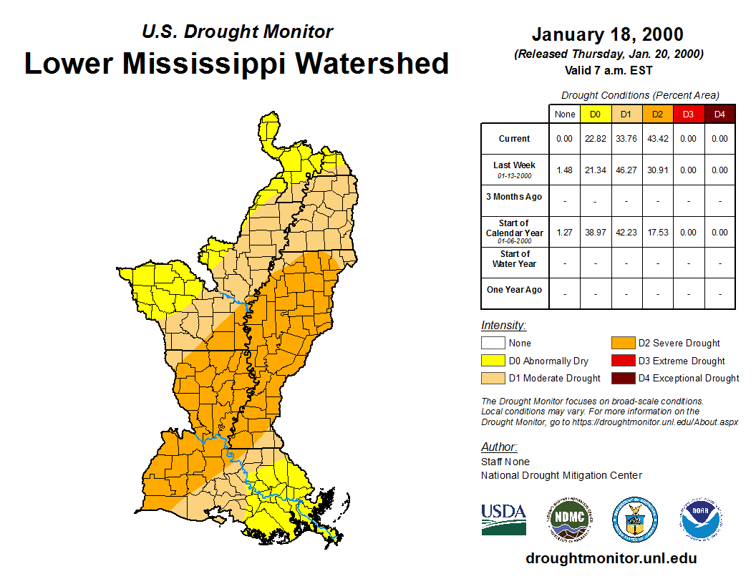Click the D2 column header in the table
657,114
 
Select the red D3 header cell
688,114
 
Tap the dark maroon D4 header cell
719,114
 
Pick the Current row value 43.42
657,139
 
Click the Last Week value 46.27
626,170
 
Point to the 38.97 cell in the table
595,233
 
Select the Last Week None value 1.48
564,170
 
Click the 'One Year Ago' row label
514,290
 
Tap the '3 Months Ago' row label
514,197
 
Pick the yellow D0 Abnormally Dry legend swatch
493,361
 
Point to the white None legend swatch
493,344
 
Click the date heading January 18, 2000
607,34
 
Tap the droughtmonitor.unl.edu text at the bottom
611,558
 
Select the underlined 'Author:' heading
498,447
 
